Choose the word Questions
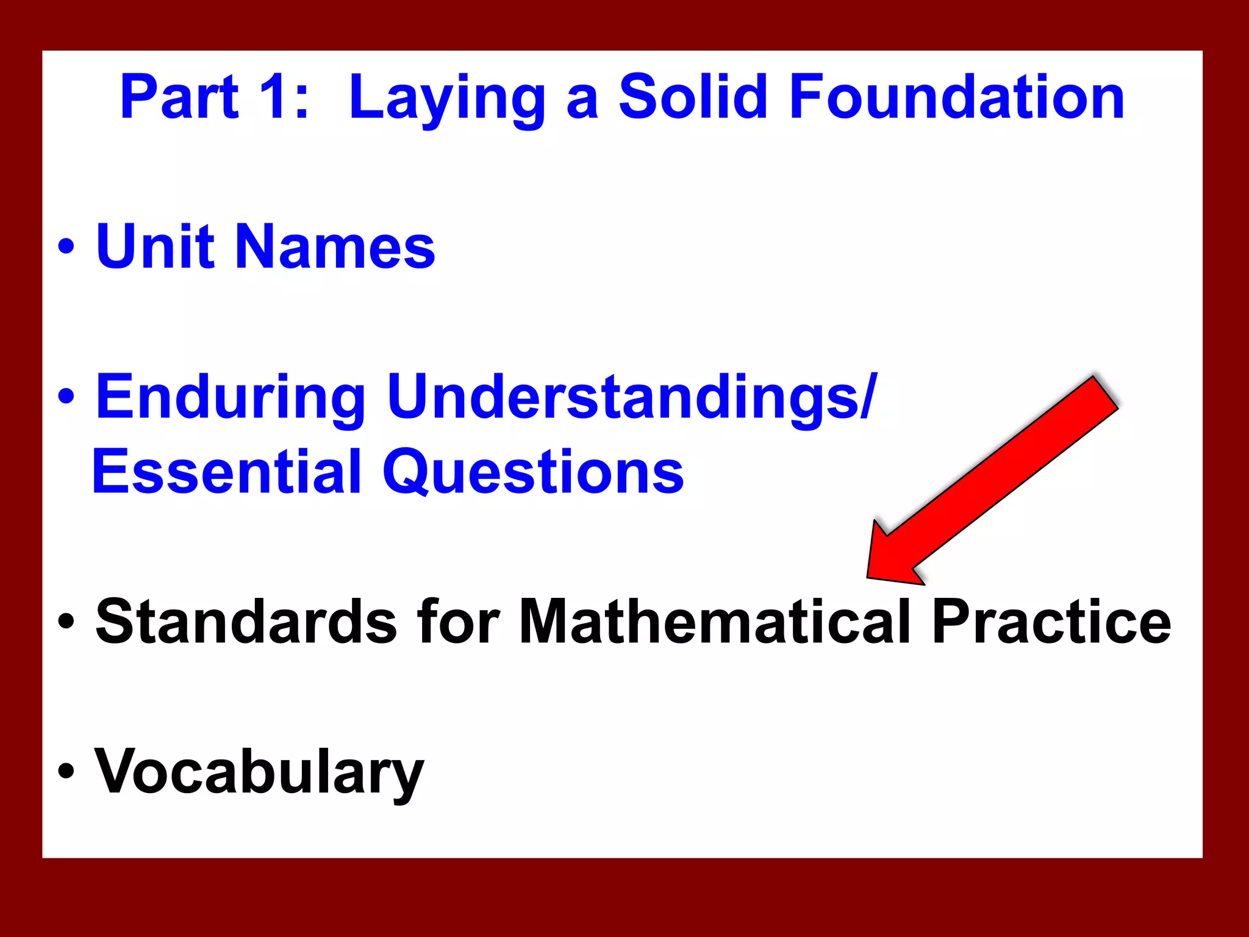pos(533,473)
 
